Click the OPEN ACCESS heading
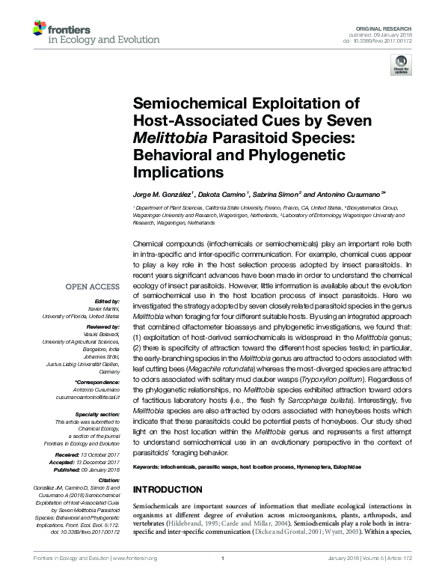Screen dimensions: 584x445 pos(92,287)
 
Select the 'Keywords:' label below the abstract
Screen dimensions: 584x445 pos(147,467)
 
